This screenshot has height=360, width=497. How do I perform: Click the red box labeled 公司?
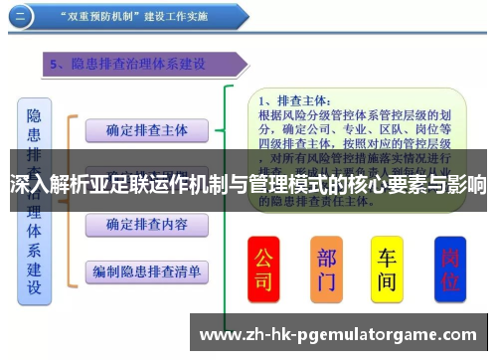point(263,269)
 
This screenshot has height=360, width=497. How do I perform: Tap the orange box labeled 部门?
point(327,269)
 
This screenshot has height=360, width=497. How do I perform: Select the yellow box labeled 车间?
point(387,269)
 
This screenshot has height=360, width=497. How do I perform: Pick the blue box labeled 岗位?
point(449,269)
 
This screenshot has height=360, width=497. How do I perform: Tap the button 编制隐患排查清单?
point(146,270)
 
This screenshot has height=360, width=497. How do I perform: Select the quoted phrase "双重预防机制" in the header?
point(98,16)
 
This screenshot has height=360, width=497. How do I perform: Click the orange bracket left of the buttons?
point(71,199)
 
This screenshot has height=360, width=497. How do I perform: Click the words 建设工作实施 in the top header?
point(180,16)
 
